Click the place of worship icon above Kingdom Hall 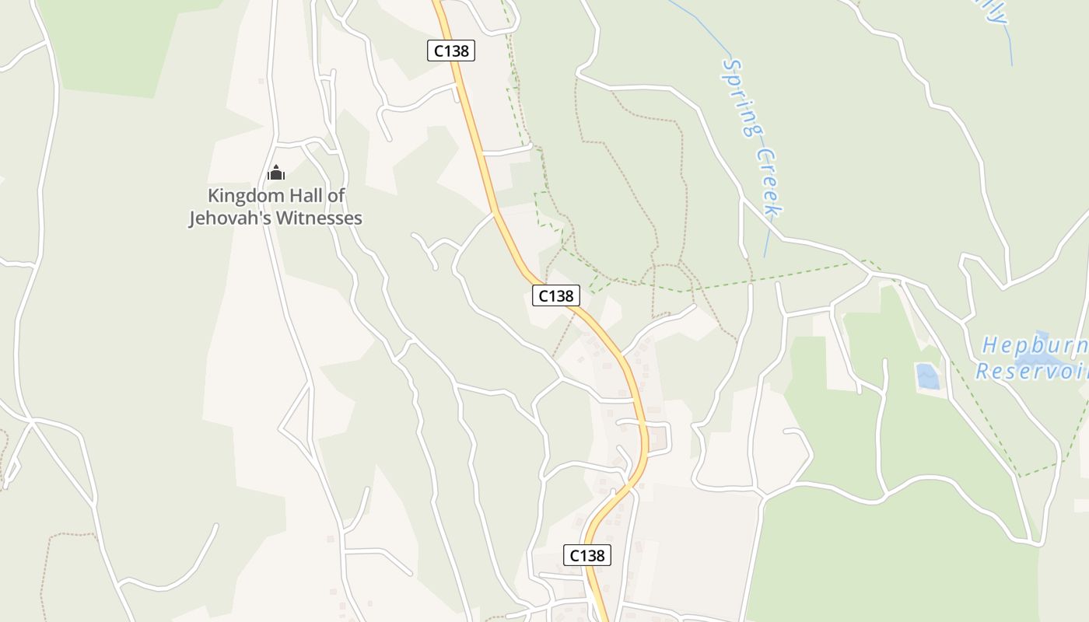[x=276, y=173]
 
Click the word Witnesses [x=319, y=218]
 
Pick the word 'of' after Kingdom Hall [x=336, y=196]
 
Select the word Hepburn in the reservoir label [x=1035, y=345]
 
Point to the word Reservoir [x=1031, y=371]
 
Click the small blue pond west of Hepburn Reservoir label [x=927, y=376]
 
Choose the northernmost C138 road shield [x=451, y=51]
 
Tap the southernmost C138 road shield [x=587, y=555]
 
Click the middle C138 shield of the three [x=556, y=295]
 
